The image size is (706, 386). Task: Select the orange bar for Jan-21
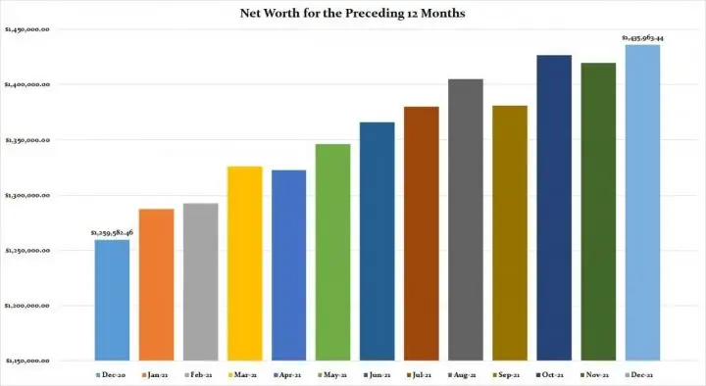click(x=156, y=284)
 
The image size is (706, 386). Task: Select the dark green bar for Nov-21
click(x=598, y=212)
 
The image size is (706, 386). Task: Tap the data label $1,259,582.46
click(x=111, y=233)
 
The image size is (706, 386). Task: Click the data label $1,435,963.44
click(x=642, y=38)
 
